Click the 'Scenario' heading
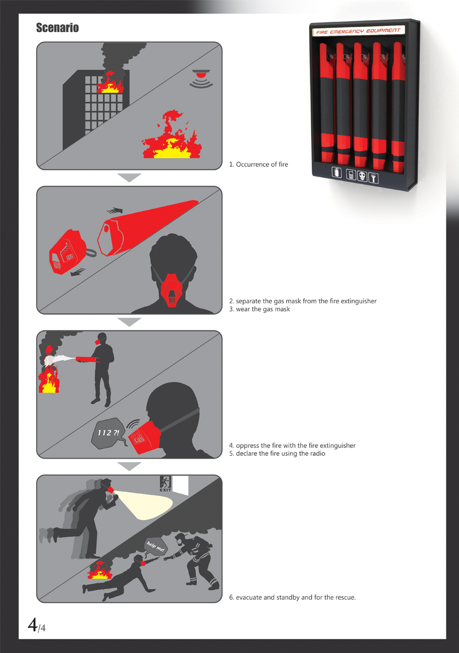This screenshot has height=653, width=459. (57, 28)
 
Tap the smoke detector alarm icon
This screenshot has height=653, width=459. (201, 79)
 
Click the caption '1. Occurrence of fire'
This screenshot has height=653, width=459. (258, 165)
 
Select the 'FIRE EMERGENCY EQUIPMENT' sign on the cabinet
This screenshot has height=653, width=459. (358, 31)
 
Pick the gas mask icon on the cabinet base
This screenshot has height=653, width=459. (362, 177)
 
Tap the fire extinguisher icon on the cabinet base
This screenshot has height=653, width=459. (337, 173)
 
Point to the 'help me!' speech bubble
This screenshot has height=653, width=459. (155, 546)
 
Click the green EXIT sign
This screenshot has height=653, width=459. (165, 483)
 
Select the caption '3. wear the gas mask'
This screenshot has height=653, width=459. (259, 309)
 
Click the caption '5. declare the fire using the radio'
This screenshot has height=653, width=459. (277, 453)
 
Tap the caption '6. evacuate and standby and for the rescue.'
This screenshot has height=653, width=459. (292, 597)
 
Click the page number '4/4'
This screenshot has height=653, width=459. (37, 625)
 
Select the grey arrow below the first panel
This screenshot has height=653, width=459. (129, 178)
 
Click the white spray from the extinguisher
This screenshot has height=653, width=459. (59, 360)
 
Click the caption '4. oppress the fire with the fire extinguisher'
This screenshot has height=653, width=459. (292, 445)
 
